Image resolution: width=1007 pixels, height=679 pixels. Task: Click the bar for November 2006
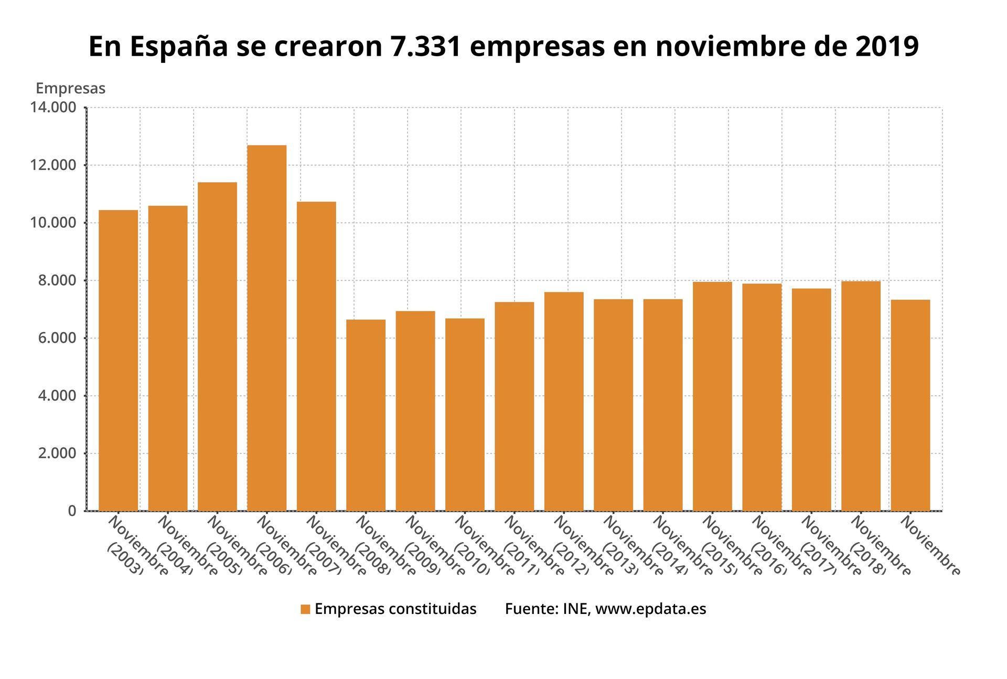(266, 328)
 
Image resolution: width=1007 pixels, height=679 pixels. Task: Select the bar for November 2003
(118, 360)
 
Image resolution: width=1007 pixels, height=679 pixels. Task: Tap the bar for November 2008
(366, 415)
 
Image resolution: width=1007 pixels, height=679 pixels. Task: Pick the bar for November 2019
(910, 405)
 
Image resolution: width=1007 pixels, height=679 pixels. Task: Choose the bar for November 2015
(712, 396)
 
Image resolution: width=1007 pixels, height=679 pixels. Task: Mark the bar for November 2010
(465, 415)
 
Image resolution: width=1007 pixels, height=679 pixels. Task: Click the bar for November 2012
(564, 401)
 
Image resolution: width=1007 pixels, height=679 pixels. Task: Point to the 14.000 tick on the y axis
(53, 108)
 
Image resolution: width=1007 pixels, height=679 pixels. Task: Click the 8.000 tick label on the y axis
(57, 280)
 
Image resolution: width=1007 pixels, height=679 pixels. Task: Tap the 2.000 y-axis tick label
(57, 453)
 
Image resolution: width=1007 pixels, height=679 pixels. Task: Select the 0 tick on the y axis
(72, 511)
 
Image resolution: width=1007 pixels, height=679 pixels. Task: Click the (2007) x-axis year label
(323, 558)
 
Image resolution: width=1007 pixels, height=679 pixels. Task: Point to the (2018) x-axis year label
(867, 558)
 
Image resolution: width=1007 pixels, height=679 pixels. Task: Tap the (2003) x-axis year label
(124, 558)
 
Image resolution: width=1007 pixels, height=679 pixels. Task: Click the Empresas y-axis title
(70, 89)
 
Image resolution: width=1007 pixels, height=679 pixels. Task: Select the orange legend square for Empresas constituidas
(305, 609)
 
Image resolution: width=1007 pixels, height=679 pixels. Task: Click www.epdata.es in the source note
(650, 609)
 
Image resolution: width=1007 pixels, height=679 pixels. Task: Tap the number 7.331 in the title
(425, 46)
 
